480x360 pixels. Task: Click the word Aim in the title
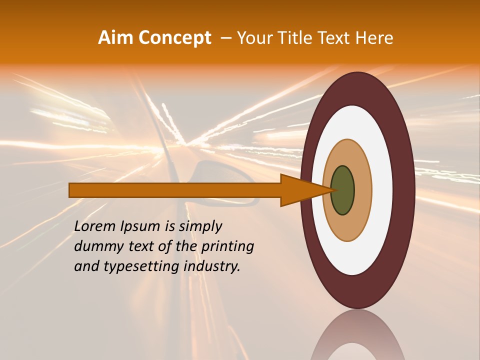coord(116,38)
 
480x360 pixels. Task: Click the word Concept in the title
coord(175,38)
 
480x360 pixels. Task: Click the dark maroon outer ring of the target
coord(405,190)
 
